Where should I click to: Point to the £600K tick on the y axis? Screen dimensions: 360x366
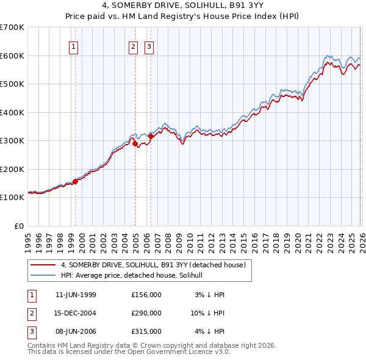pos(12,56)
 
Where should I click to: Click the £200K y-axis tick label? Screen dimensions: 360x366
pos(12,169)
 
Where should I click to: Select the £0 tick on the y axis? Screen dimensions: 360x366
pos(19,226)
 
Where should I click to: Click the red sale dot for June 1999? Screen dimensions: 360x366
pos(76,181)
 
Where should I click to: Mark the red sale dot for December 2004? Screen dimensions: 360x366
pos(135,143)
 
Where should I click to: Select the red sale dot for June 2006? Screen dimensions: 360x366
pos(151,137)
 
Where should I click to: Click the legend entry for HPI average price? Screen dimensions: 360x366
pos(135,275)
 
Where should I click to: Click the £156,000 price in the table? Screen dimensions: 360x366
pos(146,295)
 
